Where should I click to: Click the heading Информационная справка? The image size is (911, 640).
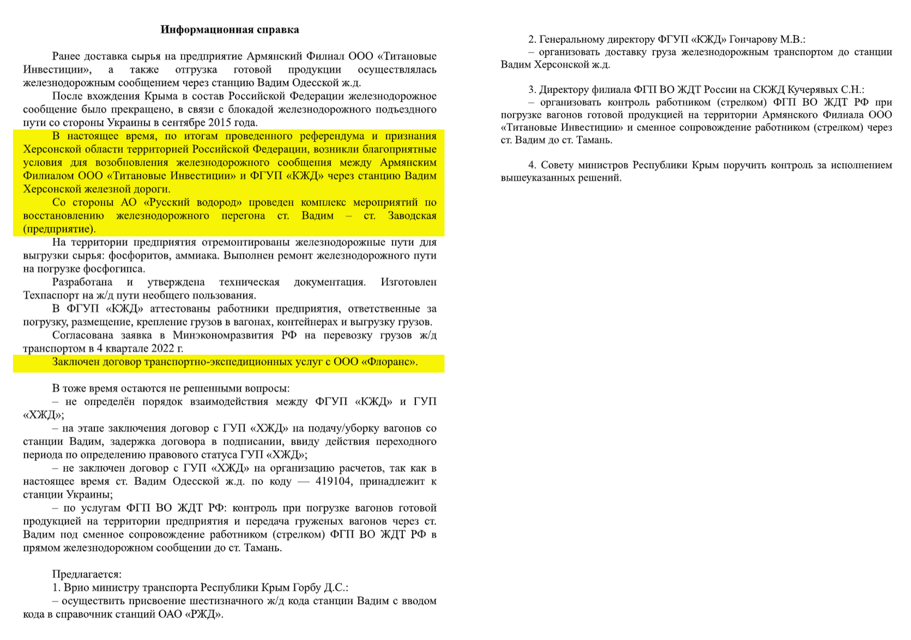(230, 30)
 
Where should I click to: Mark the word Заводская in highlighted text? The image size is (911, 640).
(412, 216)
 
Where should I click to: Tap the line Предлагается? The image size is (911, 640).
(87, 574)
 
